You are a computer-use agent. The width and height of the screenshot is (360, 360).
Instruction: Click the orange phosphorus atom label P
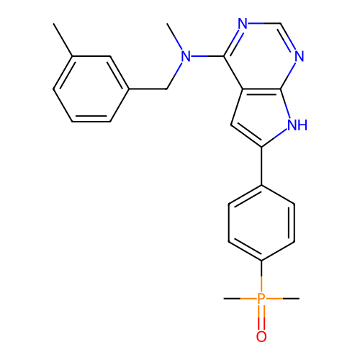261,298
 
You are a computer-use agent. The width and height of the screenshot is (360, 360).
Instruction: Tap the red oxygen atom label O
261,336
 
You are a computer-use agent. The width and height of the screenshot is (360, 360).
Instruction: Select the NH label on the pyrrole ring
297,125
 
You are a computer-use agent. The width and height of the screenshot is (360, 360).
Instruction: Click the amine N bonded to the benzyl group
186,56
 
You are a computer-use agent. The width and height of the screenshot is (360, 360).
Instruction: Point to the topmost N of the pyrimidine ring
243,24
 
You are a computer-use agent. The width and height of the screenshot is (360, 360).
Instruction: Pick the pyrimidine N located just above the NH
300,56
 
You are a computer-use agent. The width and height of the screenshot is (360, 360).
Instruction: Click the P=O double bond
261,318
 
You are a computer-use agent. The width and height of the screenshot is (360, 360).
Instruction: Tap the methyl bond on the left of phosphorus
240,299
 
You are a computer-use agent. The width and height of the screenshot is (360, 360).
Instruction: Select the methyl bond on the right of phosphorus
283,299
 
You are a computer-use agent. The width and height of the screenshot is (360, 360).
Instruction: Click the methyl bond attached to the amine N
175,37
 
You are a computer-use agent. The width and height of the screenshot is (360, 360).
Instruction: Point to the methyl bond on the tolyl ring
63,40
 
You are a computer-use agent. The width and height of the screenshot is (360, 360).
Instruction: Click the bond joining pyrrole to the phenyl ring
261,166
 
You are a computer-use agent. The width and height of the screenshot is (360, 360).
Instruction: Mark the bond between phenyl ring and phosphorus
261,276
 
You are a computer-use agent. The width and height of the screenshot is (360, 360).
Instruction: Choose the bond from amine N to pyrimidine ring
207,56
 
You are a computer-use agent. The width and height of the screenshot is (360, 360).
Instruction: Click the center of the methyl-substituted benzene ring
91,89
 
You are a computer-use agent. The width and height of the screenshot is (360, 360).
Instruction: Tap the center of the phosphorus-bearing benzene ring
261,222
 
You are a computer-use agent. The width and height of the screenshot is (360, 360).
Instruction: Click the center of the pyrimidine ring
261,56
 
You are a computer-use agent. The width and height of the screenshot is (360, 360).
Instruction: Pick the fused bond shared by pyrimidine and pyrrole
261,89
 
